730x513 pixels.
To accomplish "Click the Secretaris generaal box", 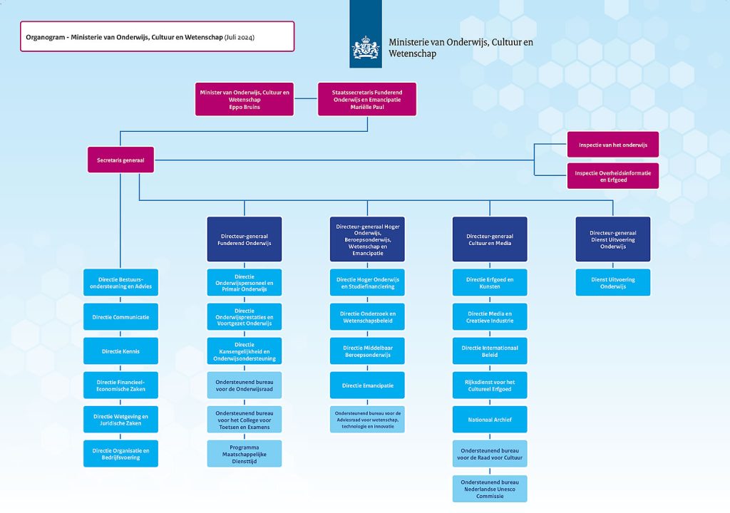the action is [120, 160].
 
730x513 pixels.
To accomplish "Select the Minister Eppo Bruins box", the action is [245, 99].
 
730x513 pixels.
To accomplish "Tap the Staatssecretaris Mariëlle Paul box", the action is [367, 99].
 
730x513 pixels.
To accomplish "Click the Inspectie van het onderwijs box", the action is [612, 145].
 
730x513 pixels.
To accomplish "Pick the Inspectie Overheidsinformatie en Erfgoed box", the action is [612, 176].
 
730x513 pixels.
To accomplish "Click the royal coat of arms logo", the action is [366, 48].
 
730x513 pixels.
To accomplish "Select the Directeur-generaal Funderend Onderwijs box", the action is [245, 239].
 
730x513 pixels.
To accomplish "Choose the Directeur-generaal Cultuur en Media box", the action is [490, 239].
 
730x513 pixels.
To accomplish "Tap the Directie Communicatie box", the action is [120, 316].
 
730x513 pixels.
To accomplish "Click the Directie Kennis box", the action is [120, 351].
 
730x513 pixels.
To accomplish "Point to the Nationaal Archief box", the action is [490, 420].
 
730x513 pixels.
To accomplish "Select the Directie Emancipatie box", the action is [367, 385].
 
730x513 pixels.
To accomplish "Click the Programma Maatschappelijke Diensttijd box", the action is [245, 454].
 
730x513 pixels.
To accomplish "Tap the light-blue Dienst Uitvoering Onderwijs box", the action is [612, 283].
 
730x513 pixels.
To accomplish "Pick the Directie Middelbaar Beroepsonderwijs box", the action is [367, 351].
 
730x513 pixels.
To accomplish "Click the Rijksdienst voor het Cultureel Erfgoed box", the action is [490, 385].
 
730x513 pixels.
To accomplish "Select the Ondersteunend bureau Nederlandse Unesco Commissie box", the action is [490, 489].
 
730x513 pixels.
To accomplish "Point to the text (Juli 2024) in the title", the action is [240, 37].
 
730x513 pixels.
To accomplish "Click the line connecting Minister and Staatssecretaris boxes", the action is [306, 98].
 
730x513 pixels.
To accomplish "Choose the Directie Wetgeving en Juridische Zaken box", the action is [120, 420].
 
